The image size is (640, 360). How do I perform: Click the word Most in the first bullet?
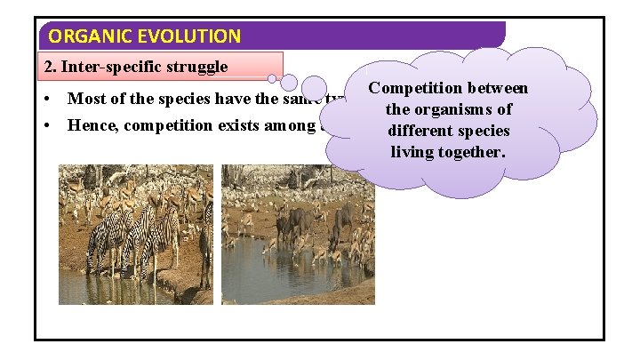(86, 99)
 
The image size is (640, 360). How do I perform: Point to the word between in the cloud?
(494, 88)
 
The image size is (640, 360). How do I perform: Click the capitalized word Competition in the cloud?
(412, 88)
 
